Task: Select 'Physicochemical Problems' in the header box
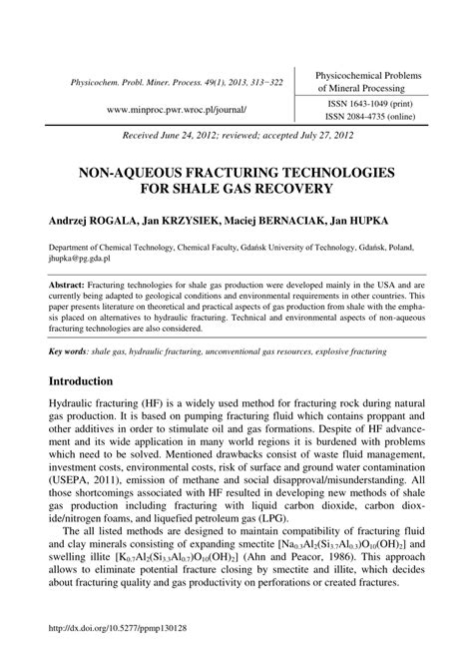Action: coord(369,76)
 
